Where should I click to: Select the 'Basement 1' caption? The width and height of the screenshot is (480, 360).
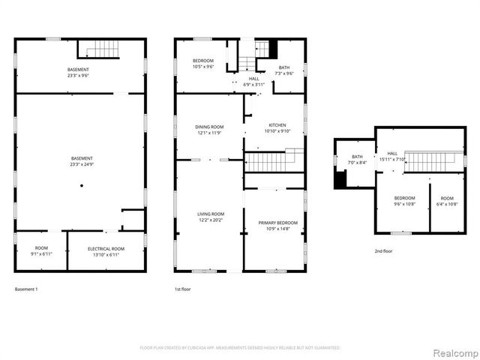tap(26, 289)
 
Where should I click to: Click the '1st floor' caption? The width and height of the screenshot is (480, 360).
tap(183, 289)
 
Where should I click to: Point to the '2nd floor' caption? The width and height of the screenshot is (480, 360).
tap(383, 252)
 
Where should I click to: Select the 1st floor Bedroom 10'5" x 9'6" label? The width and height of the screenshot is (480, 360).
tap(203, 64)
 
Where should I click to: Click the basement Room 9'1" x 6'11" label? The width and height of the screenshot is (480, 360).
tap(40, 251)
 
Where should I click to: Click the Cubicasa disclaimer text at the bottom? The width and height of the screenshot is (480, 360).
tap(240, 348)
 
